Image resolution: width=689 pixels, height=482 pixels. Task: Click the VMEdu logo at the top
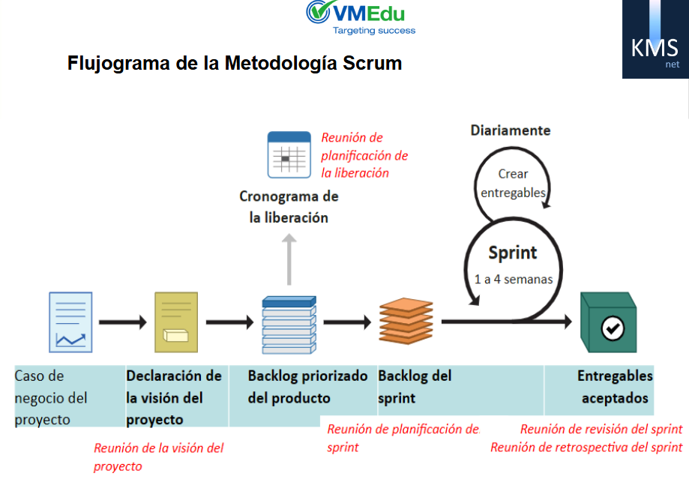pos(361,17)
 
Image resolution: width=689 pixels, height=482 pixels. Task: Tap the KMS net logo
pos(655,39)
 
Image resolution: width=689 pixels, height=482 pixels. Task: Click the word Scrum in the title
pos(372,63)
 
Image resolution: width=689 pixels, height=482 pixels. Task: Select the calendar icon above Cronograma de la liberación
pos(289,154)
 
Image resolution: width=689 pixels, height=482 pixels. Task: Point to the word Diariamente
pos(510,130)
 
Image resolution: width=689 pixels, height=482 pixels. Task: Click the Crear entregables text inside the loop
pos(513,183)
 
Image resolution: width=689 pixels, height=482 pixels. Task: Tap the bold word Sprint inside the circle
pos(513,253)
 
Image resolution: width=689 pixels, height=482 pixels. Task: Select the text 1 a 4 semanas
pos(514,279)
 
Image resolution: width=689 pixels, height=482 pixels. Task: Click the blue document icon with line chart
pos(70,322)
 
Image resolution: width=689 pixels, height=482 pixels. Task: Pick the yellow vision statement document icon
pos(176,322)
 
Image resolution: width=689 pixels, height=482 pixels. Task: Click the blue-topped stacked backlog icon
pos(289,325)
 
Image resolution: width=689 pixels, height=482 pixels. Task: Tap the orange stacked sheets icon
pos(406,321)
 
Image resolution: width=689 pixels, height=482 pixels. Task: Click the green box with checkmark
pos(609,322)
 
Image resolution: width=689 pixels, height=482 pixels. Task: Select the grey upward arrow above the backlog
pos(289,259)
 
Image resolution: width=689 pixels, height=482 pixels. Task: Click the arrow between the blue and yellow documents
pos(123,322)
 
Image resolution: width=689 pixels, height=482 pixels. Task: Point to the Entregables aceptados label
pos(615,387)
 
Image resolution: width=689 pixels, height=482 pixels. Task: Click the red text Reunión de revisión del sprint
pos(601,429)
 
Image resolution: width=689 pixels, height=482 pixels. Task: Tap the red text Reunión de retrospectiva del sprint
pos(586,448)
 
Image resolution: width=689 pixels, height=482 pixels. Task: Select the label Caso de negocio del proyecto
pos(51,397)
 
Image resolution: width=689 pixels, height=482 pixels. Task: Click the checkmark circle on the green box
pos(613,328)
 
